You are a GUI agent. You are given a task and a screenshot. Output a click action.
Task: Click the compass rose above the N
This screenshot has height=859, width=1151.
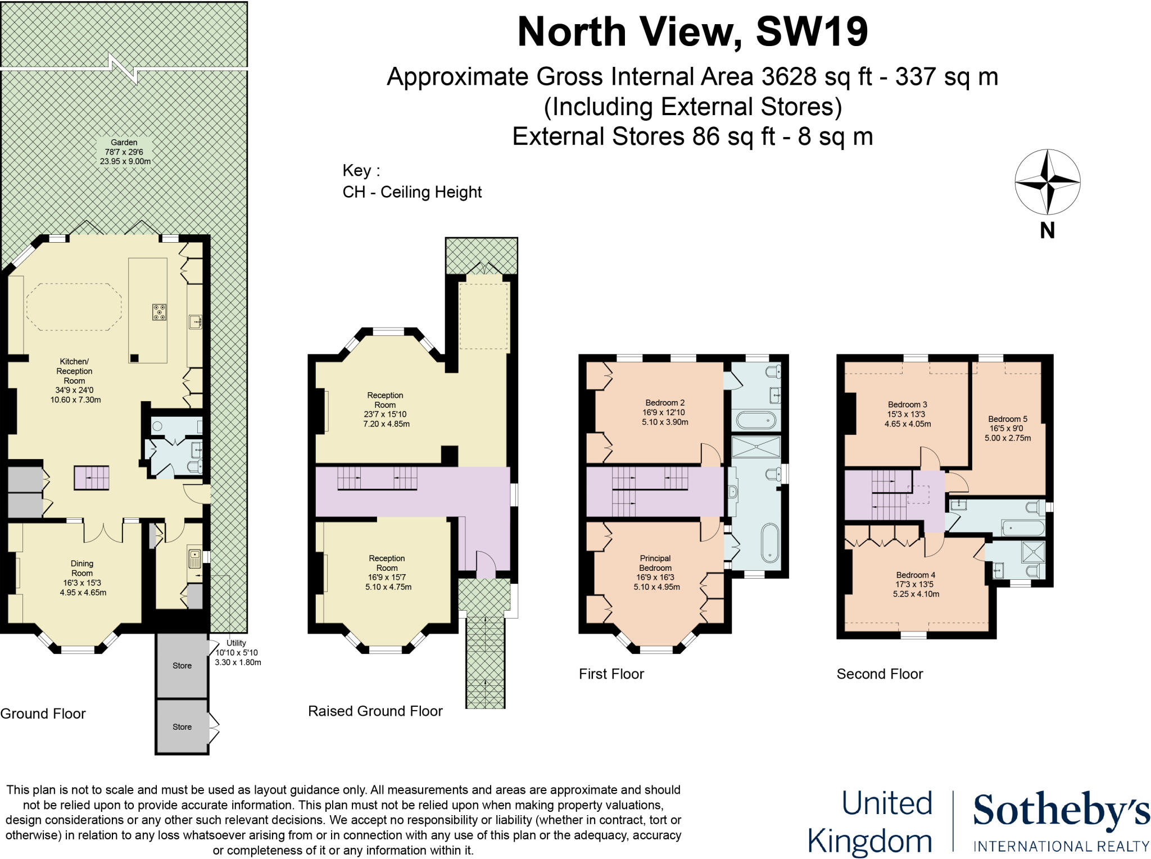1047,182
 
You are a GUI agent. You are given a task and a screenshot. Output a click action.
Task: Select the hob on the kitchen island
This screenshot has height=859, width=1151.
159,312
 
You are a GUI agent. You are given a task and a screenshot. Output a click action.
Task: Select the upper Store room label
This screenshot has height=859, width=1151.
182,666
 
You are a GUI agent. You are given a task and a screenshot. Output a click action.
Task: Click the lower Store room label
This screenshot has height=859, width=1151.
182,727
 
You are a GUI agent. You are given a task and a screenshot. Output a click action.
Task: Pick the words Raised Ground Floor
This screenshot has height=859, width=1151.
375,711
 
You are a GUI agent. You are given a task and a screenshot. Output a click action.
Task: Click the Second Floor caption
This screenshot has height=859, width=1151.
880,674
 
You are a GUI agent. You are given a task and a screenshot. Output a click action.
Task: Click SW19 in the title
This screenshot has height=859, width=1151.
812,32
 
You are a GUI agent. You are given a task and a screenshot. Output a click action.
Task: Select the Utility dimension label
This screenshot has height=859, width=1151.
237,652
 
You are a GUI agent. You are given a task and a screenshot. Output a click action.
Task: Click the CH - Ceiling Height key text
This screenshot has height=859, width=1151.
412,192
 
